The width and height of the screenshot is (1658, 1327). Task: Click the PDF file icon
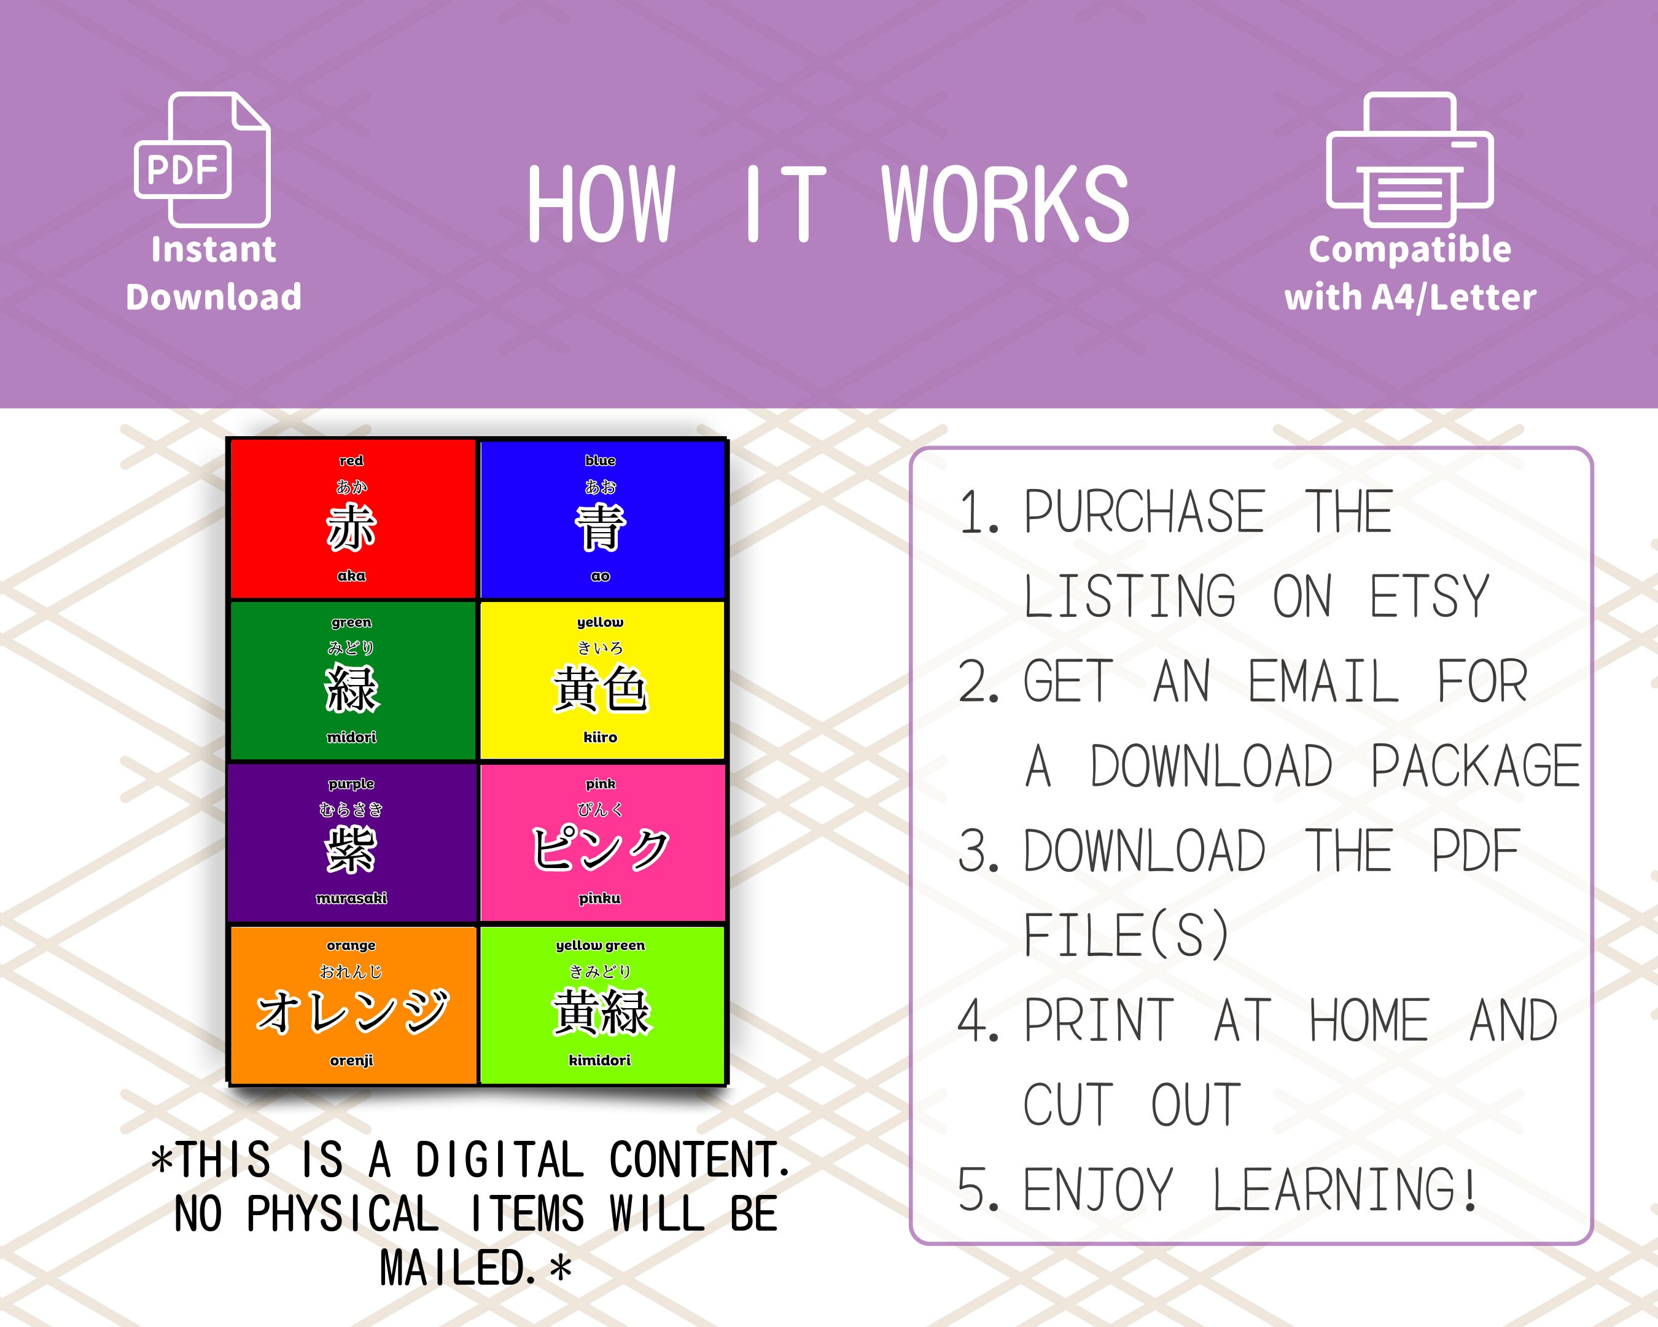(x=202, y=160)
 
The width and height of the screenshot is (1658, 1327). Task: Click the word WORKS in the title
(x=1005, y=205)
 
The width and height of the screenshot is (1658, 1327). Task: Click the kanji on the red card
(x=351, y=528)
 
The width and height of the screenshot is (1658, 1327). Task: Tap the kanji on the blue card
(x=600, y=528)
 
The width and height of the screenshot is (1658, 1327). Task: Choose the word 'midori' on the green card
(x=351, y=737)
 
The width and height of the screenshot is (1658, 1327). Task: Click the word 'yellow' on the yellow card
(x=600, y=622)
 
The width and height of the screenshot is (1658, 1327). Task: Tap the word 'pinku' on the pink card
(x=600, y=899)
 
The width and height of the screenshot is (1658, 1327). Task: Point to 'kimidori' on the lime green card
(x=600, y=1060)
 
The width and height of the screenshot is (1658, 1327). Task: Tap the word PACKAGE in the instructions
(x=1475, y=766)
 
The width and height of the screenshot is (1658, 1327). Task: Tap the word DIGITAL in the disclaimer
(x=499, y=1160)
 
